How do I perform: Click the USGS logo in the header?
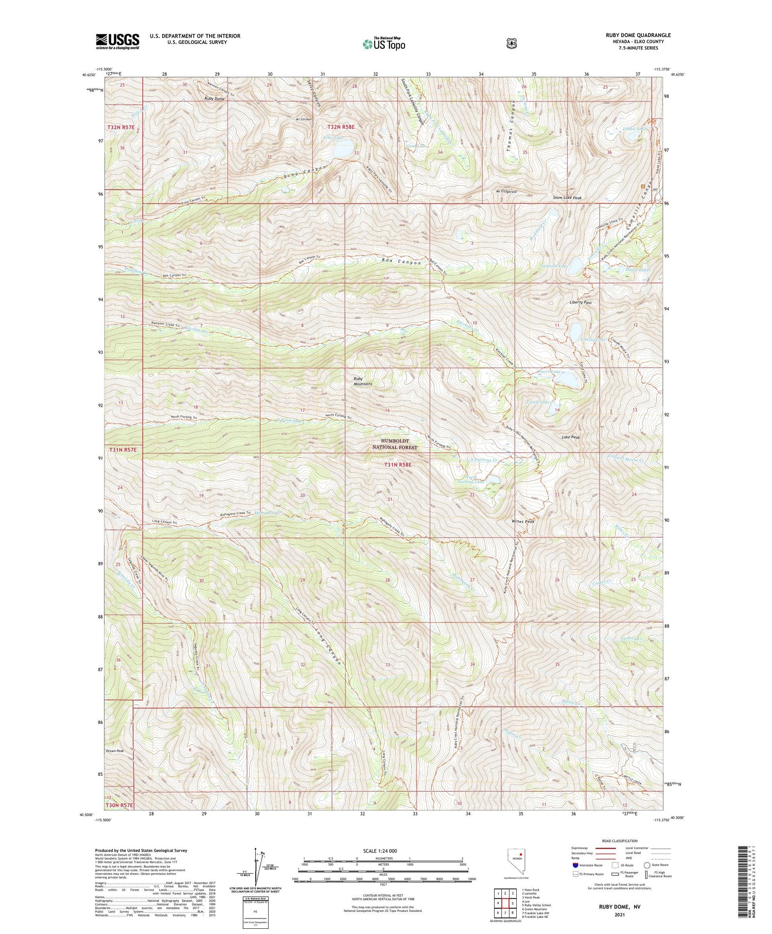[x=117, y=41]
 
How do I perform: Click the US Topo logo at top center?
[x=383, y=44]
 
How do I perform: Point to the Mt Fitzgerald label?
[x=506, y=192]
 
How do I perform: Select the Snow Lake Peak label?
[x=567, y=198]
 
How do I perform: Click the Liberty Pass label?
[x=581, y=302]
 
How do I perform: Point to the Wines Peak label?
[x=523, y=522]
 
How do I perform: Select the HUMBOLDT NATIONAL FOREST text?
[x=395, y=445]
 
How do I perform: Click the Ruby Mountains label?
[x=362, y=381]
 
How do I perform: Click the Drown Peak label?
[x=115, y=751]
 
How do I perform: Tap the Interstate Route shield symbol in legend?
[x=575, y=865]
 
